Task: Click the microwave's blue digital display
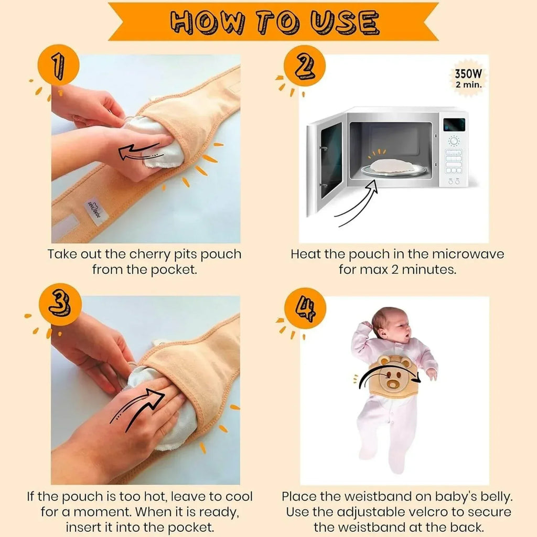(454, 125)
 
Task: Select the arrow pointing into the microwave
(357, 201)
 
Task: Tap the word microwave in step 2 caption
(468, 254)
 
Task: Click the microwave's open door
(325, 160)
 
